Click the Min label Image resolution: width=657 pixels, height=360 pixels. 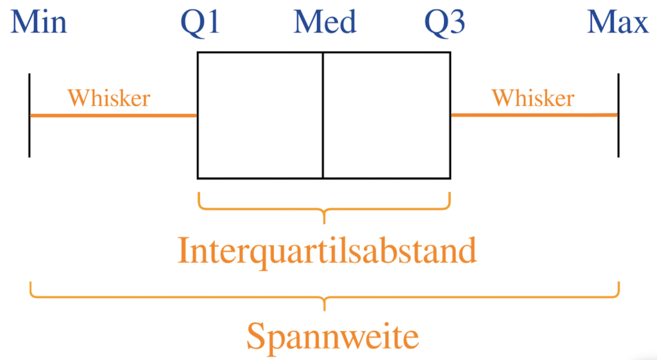38,23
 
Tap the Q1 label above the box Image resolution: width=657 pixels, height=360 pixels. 200,24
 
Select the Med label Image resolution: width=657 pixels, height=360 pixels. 325,23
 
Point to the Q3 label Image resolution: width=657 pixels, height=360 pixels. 445,24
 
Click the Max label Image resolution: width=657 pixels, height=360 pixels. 618,23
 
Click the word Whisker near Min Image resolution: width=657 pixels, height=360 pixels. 108,98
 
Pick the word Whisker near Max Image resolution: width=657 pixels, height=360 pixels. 533,98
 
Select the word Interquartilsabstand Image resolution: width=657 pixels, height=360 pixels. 327,250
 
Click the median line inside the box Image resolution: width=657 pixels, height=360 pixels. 323,115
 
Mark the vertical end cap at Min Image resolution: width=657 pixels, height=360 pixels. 30,116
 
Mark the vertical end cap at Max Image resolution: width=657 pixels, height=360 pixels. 619,116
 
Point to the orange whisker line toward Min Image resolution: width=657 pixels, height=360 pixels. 113,116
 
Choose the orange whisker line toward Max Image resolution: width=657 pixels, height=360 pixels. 534,115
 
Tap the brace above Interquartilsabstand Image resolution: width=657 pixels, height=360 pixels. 324,209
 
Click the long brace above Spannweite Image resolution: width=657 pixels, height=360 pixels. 324,296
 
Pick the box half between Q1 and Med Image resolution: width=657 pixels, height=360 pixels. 260,115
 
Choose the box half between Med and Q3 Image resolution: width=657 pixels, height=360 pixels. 386,115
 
